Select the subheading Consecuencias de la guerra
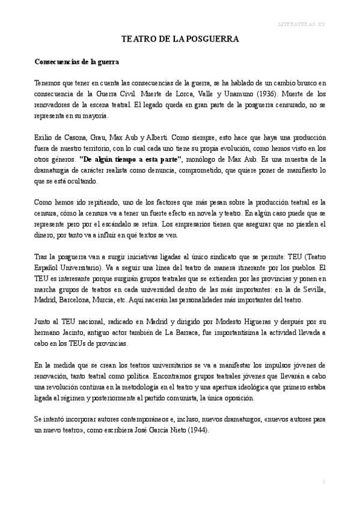[x=76, y=62]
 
